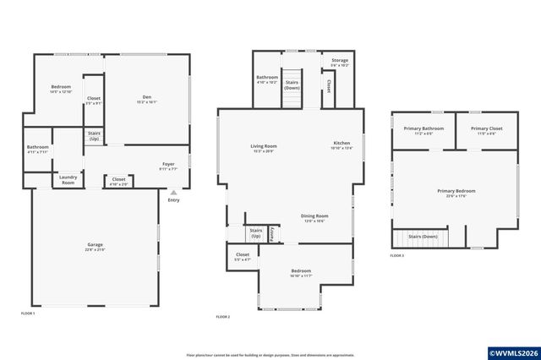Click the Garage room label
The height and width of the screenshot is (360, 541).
pyautogui.click(x=94, y=246)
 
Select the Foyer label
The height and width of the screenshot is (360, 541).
pyautogui.click(x=169, y=165)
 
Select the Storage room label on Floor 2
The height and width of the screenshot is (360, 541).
pyautogui.click(x=340, y=62)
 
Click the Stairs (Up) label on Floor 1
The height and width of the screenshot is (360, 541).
pyautogui.click(x=94, y=135)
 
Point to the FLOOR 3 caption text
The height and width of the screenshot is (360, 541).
pyautogui.click(x=396, y=255)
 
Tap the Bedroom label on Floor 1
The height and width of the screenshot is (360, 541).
pyautogui.click(x=61, y=89)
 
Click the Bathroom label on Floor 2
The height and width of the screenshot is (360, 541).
pyautogui.click(x=267, y=79)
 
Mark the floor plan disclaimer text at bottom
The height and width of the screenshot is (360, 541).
pyautogui.click(x=270, y=355)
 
